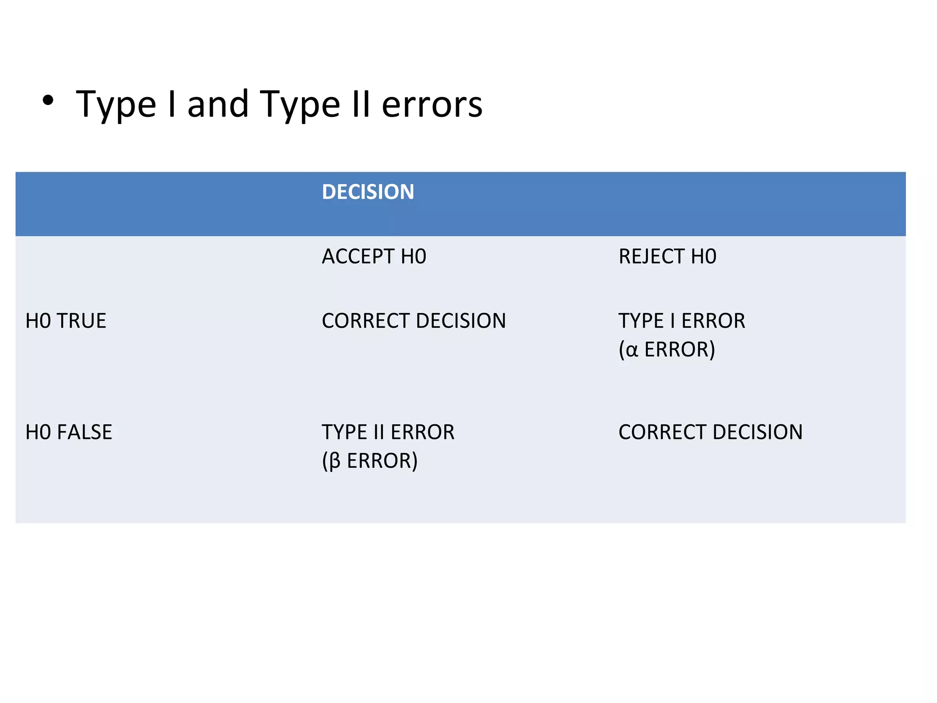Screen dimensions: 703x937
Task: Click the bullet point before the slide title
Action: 48,101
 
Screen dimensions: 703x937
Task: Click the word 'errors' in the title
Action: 432,105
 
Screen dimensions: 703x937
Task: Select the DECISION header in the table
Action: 368,192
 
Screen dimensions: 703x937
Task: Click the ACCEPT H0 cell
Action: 374,256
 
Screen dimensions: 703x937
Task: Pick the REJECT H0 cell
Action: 667,256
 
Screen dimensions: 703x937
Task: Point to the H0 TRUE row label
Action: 66,321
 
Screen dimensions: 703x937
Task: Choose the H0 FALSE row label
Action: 69,432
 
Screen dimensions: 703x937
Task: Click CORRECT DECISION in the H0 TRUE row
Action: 414,321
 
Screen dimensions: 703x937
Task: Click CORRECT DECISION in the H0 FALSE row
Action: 710,432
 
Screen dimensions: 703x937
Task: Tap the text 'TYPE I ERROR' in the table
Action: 681,321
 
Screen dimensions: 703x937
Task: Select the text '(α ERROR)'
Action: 667,350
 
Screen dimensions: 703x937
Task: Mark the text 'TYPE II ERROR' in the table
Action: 388,432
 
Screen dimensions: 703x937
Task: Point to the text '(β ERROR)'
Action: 370,461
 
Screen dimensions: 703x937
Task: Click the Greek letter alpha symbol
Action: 631,351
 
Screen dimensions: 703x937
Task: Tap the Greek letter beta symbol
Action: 334,461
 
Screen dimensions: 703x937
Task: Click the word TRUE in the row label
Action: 81,321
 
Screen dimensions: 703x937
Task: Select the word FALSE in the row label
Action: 85,432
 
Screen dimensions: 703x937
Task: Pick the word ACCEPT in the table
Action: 358,256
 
